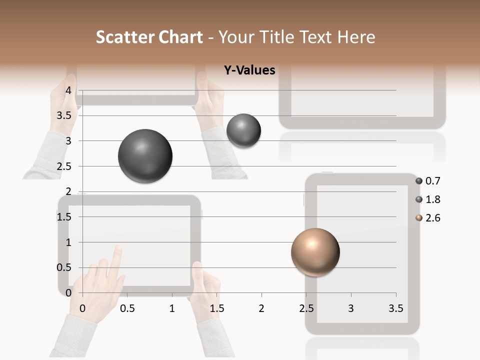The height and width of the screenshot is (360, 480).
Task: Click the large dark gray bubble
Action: point(145,156)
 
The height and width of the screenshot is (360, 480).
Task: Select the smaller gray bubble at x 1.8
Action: point(243,130)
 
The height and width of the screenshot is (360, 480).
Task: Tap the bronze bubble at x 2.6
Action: point(315,252)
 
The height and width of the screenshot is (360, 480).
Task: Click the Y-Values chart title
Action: point(249,70)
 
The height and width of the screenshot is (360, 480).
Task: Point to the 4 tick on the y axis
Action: point(68,90)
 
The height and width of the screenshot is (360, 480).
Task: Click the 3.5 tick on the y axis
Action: point(64,115)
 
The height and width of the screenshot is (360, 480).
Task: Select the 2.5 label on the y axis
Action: point(64,166)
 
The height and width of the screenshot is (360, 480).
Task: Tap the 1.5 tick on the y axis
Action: point(64,217)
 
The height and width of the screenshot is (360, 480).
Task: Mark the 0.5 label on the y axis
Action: point(64,267)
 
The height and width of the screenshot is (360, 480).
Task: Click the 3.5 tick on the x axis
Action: point(395,308)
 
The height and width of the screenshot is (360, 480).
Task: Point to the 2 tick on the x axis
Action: point(261,308)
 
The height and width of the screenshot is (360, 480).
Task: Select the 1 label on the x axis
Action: point(172,308)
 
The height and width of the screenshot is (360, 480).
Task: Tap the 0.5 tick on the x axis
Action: point(127,308)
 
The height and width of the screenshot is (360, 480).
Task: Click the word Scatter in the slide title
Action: point(125,37)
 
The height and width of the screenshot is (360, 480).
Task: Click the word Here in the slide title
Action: point(356,37)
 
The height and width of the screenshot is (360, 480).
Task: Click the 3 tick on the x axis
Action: point(351,308)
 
